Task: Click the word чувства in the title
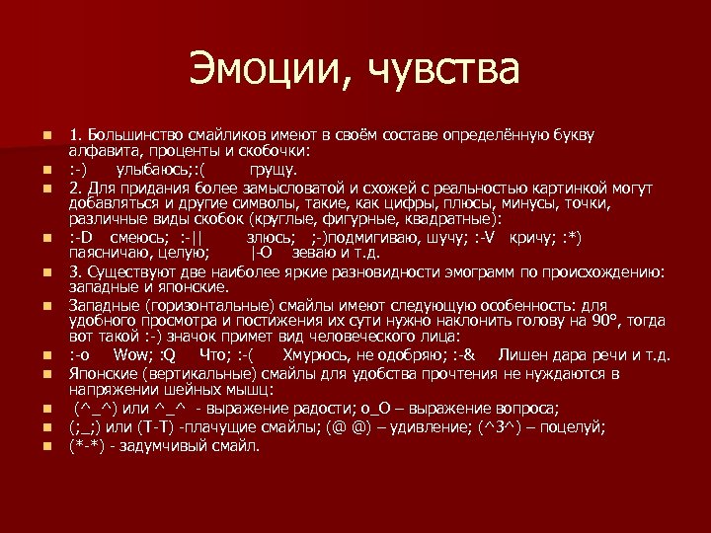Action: pyautogui.click(x=444, y=71)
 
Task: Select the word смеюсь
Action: pyautogui.click(x=133, y=238)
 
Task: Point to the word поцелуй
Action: pyautogui.click(x=575, y=427)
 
